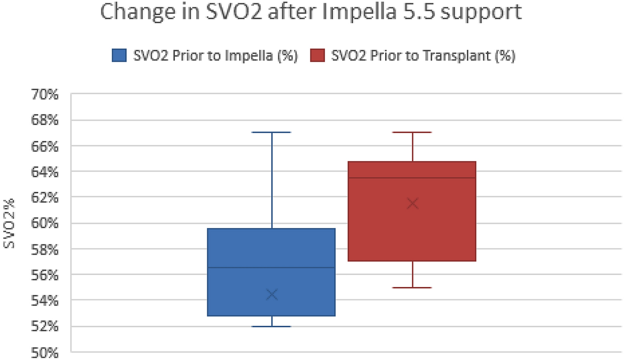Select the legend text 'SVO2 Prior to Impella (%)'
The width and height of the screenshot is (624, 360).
coord(215,56)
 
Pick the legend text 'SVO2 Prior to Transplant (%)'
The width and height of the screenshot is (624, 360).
coord(423,56)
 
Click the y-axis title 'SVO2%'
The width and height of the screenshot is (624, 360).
coord(10,223)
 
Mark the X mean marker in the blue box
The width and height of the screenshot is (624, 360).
coord(272,294)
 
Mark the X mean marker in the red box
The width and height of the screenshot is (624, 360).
coord(412,203)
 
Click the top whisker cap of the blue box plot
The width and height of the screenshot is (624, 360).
coord(272,132)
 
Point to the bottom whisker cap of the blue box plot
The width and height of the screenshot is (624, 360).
coord(272,327)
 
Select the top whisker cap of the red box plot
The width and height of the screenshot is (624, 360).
coord(412,132)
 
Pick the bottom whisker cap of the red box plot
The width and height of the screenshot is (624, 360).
coord(412,288)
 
